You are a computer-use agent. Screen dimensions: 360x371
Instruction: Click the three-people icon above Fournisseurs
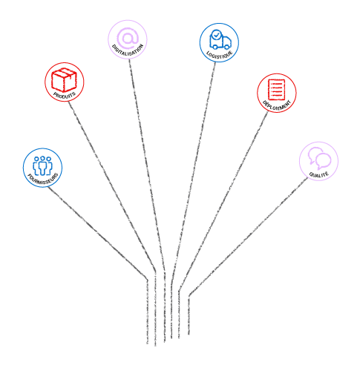pos(42,165)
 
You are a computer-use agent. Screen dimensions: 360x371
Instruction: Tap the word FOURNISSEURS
pos(43,179)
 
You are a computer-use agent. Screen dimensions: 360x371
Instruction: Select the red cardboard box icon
pos(64,79)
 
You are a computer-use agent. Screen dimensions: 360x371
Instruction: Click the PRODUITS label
pos(65,95)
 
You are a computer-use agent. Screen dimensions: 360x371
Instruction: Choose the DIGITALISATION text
pos(128,50)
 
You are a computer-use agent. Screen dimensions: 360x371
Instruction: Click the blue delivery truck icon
pos(220,40)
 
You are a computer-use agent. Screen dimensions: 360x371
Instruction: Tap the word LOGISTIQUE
pos(220,54)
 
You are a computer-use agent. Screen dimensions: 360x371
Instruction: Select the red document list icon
pos(276,90)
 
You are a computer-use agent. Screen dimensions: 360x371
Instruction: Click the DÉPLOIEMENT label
pos(277,105)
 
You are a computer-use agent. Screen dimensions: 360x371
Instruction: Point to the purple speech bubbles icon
pos(319,158)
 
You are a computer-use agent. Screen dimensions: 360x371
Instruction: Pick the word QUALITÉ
pos(319,174)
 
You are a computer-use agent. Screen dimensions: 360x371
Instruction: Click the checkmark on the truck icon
pos(217,35)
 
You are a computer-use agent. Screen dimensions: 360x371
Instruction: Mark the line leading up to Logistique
pos(193,173)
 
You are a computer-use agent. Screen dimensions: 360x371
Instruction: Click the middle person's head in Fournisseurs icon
pos(43,158)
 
